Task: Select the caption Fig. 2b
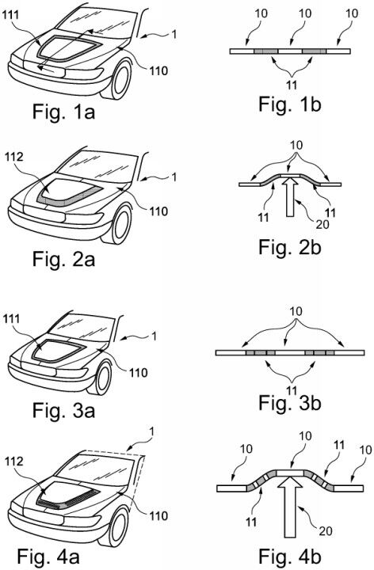coord(288,246)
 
